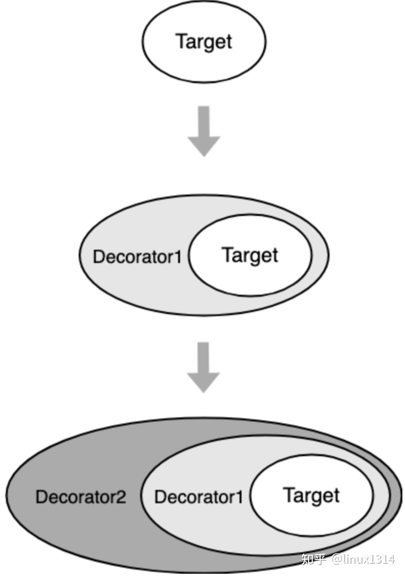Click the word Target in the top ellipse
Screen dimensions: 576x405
204,42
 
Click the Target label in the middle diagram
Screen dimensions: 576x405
250,255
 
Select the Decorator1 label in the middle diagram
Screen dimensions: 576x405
137,257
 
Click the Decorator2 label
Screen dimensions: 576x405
81,497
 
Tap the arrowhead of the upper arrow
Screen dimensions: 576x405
204,145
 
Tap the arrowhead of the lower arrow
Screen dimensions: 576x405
203,382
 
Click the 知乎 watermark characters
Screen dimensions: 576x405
313,559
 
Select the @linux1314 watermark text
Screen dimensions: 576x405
363,559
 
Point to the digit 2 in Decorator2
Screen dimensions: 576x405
121,497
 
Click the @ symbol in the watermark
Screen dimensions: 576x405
337,559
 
